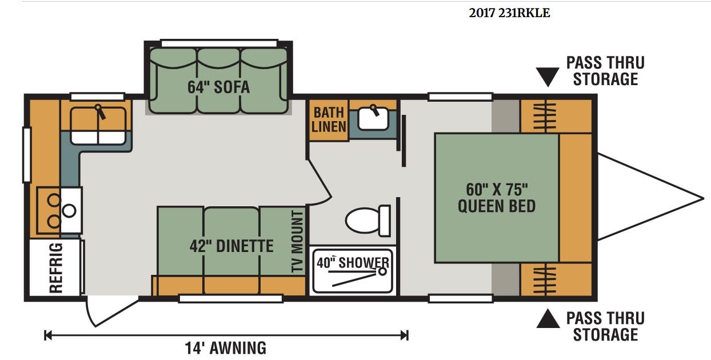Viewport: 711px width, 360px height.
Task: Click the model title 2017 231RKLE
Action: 509,13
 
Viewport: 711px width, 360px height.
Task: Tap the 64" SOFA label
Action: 218,87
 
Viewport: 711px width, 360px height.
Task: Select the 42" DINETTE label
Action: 231,246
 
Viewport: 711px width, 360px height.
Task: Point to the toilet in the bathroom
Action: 368,221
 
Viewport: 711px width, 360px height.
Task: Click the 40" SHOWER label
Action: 353,262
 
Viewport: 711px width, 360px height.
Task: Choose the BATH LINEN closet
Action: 329,120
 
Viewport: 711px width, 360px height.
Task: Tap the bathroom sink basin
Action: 373,119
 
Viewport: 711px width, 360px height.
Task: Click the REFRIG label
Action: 56,267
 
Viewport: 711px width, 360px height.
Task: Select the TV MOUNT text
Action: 297,242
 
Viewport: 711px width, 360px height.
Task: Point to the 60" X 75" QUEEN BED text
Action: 497,198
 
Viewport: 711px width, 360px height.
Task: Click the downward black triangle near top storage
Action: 548,77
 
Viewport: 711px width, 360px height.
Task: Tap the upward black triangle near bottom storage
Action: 548,318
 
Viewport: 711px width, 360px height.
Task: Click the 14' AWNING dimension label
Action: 225,347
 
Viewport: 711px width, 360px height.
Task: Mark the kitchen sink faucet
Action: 100,112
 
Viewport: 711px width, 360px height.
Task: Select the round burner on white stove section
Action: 69,211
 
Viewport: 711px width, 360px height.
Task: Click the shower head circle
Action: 382,271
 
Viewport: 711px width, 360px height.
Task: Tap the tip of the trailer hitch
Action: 704,199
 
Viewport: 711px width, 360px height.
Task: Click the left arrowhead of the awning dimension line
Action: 47,335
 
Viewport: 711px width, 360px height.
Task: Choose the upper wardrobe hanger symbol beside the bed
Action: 545,115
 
